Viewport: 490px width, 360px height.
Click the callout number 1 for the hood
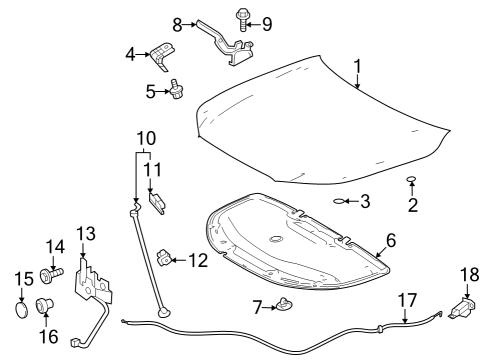pos(357,67)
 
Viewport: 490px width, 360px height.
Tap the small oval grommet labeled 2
pos(411,180)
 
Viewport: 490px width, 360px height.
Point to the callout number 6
pos(391,240)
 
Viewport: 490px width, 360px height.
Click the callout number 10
pos(146,136)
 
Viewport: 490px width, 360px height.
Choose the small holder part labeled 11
pos(157,196)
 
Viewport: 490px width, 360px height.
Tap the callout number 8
pos(178,23)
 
